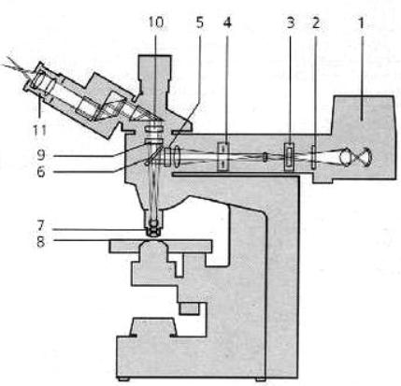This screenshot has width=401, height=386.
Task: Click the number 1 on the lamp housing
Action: click(361, 23)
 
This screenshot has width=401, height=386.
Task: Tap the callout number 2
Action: click(316, 23)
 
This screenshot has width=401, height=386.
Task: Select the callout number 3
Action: click(290, 23)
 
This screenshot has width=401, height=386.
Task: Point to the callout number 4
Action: click(227, 23)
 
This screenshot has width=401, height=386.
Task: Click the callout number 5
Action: click(199, 23)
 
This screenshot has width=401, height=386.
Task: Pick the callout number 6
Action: click(41, 172)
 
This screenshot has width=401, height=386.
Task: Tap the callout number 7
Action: click(41, 226)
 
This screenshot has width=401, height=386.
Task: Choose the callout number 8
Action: click(41, 241)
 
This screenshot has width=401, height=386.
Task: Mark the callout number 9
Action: click(41, 155)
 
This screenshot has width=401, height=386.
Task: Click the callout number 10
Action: click(155, 23)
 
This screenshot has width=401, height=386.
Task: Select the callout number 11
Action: click(39, 130)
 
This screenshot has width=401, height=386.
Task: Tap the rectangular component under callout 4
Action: click(223, 156)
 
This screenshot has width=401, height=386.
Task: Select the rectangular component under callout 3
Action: click(290, 157)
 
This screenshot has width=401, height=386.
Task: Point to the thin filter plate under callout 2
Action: click(314, 157)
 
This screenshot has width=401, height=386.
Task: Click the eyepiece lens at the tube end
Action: click(39, 80)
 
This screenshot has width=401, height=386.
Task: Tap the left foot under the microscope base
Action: click(125, 379)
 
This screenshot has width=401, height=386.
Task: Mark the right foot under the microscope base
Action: click(261, 379)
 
